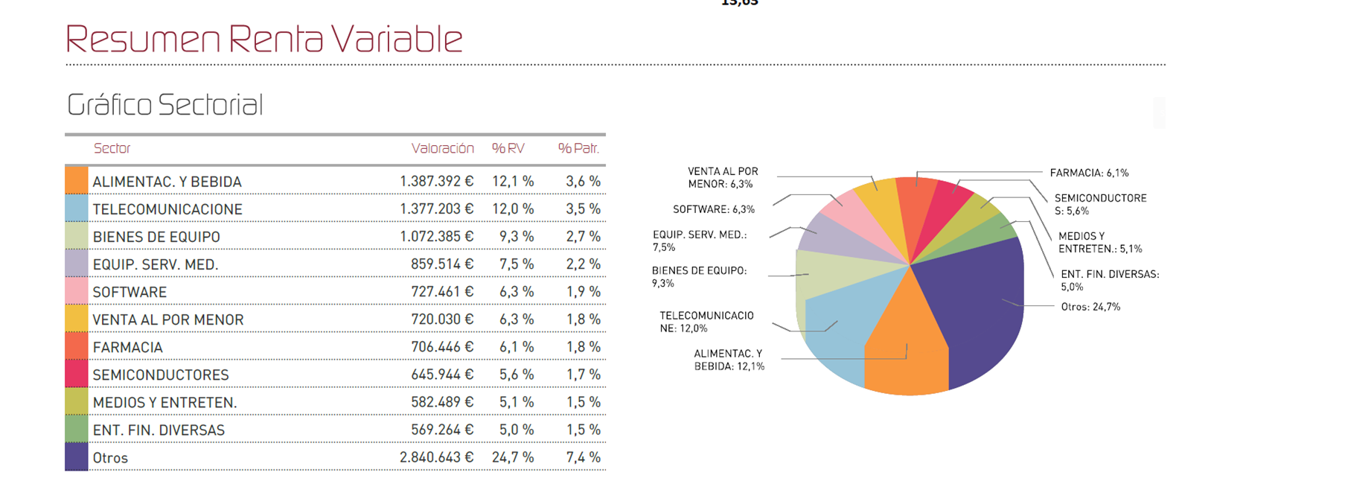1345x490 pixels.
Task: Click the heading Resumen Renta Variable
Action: [x=264, y=39]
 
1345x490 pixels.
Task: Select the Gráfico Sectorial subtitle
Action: [x=164, y=105]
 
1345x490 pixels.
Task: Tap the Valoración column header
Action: [x=442, y=148]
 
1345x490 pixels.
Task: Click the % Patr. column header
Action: [x=578, y=148]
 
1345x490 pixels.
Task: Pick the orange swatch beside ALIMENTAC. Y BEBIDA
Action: [x=77, y=181]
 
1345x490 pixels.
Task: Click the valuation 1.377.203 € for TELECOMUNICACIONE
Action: [x=436, y=209]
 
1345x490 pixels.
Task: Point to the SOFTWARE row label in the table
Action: [x=130, y=292]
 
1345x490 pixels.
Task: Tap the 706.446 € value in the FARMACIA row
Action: [x=441, y=347]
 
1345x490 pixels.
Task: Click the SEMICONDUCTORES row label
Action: [x=161, y=375]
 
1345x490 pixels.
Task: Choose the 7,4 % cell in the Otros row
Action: [x=583, y=457]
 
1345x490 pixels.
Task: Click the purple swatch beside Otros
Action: [x=77, y=457]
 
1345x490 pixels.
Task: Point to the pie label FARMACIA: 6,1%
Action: [x=1089, y=173]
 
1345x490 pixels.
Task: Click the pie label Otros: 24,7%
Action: [x=1090, y=307]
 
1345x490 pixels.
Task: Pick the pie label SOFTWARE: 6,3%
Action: [x=713, y=210]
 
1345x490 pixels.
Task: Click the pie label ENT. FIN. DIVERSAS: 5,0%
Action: [x=1109, y=280]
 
